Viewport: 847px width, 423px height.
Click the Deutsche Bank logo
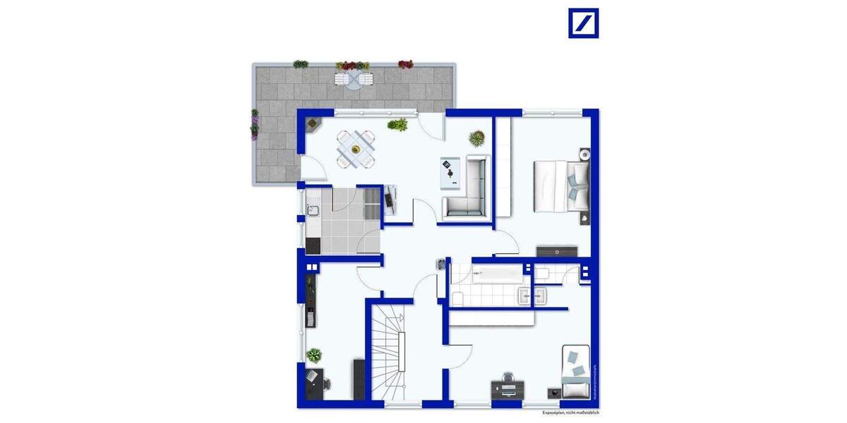[x=583, y=23]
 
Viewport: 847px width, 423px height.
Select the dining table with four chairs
[x=356, y=149]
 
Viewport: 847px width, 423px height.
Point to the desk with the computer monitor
[x=508, y=386]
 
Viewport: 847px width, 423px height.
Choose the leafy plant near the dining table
[x=398, y=125]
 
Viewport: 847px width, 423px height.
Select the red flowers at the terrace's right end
[x=405, y=64]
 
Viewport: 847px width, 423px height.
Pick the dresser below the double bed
[x=557, y=251]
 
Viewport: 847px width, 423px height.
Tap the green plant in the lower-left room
[x=314, y=355]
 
